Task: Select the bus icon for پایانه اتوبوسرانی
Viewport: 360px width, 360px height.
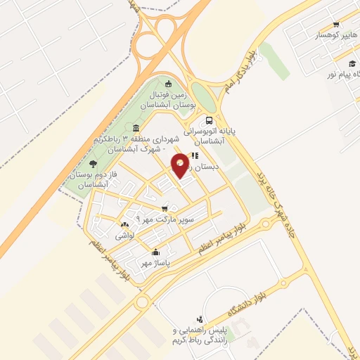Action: (210, 120)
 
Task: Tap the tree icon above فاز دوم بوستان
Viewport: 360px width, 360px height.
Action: (94, 164)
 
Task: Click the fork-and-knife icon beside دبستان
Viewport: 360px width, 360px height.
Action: (195, 156)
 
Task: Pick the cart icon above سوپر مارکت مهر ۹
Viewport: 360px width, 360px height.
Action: (165, 209)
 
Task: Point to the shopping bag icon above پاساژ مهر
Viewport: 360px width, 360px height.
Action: (155, 252)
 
